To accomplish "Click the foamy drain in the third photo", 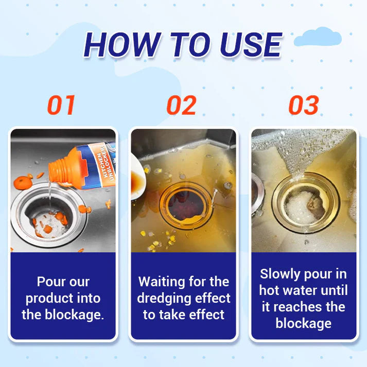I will pyautogui.click(x=304, y=206).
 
